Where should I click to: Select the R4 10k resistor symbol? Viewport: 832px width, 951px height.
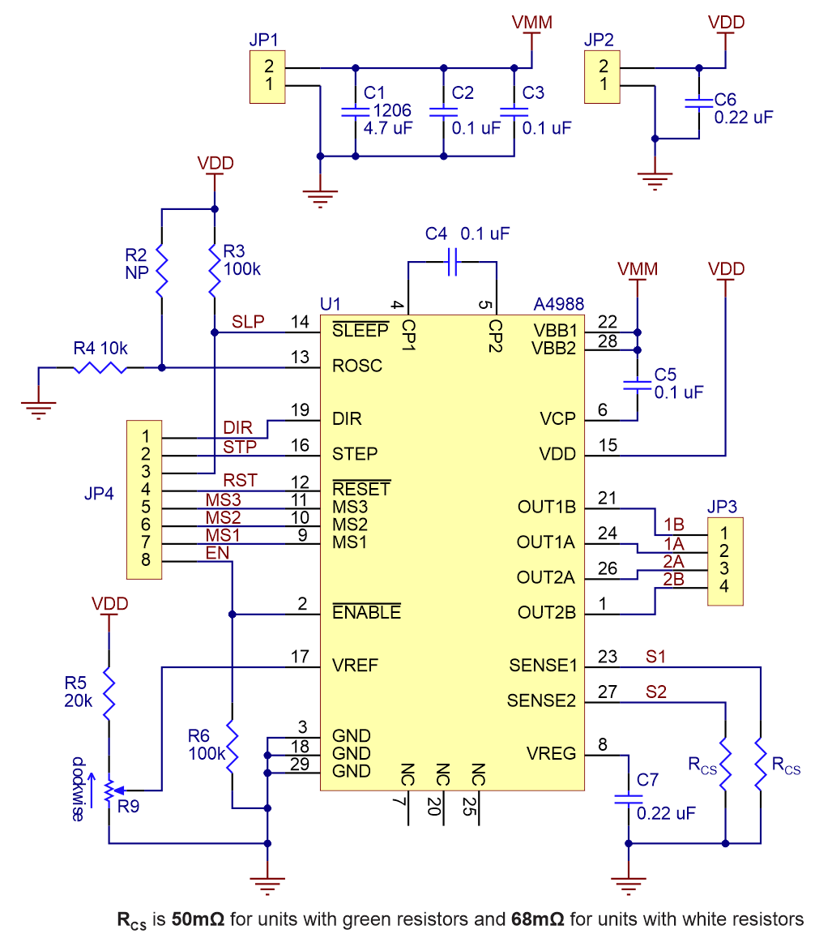coord(100,367)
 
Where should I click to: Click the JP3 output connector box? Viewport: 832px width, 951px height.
coord(725,560)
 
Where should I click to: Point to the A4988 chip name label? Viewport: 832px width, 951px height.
coord(559,305)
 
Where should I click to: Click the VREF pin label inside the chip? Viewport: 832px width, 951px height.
coord(356,666)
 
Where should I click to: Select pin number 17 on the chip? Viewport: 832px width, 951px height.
coord(300,656)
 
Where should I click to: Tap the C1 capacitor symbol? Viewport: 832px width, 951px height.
coord(354,111)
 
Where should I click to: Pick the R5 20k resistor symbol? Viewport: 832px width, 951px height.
coord(109,695)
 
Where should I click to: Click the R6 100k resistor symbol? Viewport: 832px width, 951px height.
coord(233,745)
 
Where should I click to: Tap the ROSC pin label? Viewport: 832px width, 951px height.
coord(357,366)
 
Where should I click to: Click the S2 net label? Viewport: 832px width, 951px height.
coord(657,691)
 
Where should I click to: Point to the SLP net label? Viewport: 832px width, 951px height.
coord(248,321)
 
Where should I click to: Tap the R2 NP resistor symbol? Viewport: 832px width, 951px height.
coord(162,272)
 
